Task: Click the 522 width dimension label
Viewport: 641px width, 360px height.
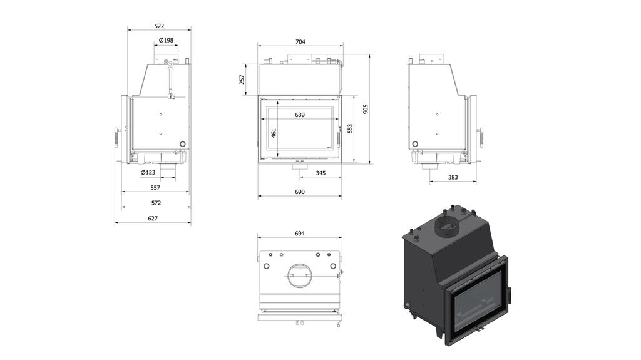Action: tap(159, 26)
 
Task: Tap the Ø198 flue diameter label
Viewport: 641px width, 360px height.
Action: tap(166, 40)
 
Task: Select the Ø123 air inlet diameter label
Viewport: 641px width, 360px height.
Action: tap(148, 172)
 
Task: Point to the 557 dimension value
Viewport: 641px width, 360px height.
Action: tap(155, 188)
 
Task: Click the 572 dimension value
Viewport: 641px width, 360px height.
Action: tap(156, 203)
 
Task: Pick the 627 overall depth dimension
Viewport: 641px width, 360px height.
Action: tap(153, 219)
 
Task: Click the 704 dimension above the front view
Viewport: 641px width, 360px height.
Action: tap(300, 41)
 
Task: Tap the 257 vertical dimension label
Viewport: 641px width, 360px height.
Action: tap(242, 80)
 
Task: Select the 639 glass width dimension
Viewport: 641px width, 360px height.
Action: tap(300, 115)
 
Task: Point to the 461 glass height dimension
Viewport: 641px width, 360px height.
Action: tap(274, 133)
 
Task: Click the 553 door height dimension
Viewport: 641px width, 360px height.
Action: tap(351, 128)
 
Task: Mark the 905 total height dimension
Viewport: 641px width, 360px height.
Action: tap(366, 108)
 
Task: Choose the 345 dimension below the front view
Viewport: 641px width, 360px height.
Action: tap(320, 173)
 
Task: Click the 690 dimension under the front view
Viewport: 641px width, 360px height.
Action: tap(300, 192)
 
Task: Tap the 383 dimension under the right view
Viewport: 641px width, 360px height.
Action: tap(453, 177)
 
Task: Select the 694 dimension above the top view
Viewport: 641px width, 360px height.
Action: tap(299, 233)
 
